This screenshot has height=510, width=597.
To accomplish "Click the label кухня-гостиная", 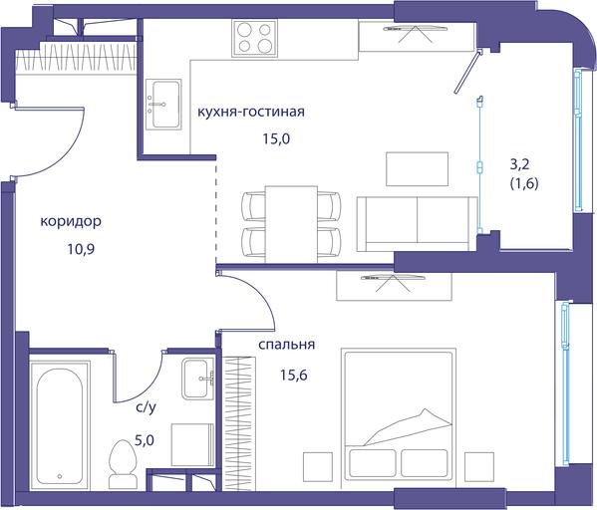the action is (251, 112).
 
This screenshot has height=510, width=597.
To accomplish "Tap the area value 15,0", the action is (276, 139).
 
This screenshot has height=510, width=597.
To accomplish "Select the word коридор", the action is (71, 221).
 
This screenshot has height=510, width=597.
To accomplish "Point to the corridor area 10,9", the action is (81, 249).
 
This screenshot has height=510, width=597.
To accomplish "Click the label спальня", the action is (287, 345).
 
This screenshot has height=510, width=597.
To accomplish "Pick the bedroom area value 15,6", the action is (294, 376).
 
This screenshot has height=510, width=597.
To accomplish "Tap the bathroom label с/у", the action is (146, 408).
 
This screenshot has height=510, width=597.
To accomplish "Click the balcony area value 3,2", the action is (519, 164).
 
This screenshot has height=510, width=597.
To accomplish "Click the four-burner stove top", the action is (255, 38).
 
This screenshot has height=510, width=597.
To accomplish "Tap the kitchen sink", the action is (163, 104).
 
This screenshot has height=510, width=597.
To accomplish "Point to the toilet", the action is (123, 464).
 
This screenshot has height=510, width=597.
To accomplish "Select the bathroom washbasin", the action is (197, 379).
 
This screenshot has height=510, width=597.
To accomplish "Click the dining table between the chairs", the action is (291, 224).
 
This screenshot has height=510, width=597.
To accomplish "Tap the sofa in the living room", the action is (418, 224).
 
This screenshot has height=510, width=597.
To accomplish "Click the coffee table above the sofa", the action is (418, 169).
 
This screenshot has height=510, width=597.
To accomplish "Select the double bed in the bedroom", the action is (399, 415).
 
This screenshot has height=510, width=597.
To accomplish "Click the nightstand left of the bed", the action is (318, 467).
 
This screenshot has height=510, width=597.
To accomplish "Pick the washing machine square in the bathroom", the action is (192, 444).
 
